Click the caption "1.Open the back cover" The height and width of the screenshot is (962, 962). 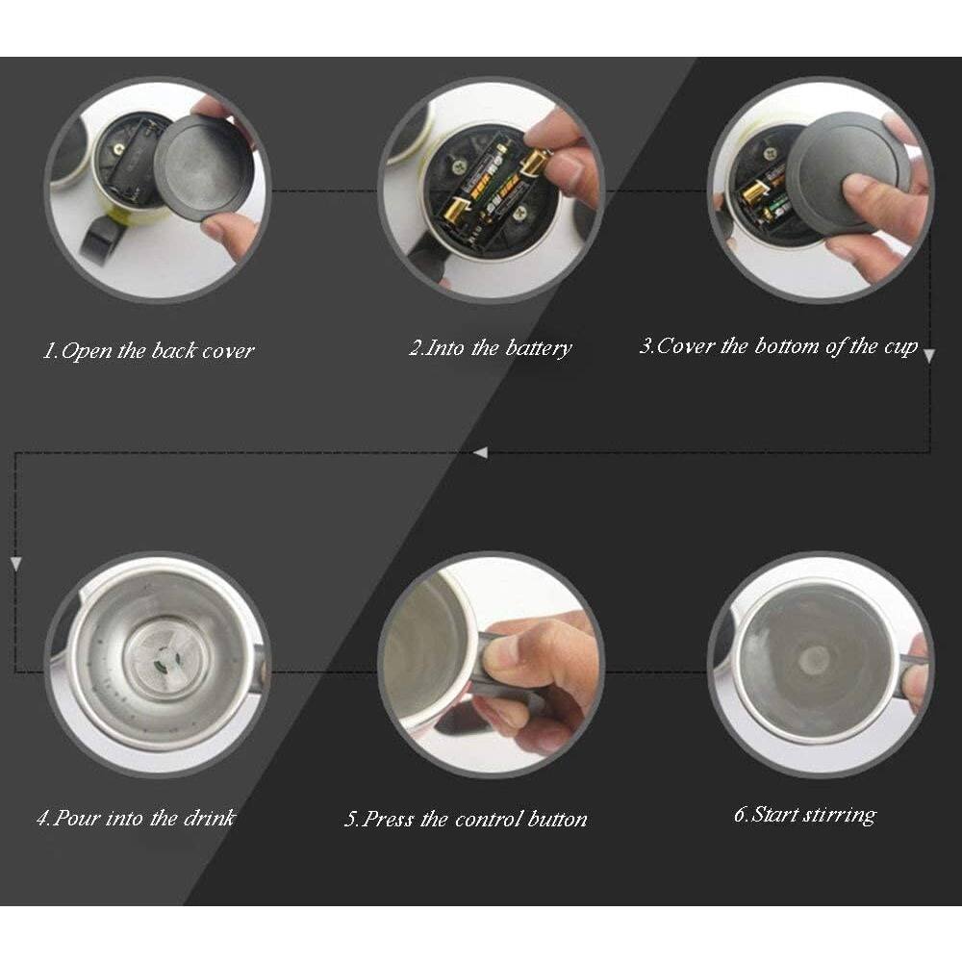(x=148, y=350)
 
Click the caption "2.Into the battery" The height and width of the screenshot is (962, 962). (x=490, y=348)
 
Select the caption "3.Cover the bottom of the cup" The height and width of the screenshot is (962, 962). (x=778, y=346)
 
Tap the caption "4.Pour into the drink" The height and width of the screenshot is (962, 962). (x=136, y=818)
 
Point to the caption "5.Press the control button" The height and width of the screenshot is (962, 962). (x=466, y=820)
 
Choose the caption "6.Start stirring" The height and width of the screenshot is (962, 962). (x=804, y=814)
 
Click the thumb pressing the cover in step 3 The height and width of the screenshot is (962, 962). (x=871, y=192)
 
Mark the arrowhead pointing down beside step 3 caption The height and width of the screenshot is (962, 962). (x=929, y=355)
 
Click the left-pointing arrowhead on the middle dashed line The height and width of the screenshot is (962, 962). (x=481, y=452)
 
